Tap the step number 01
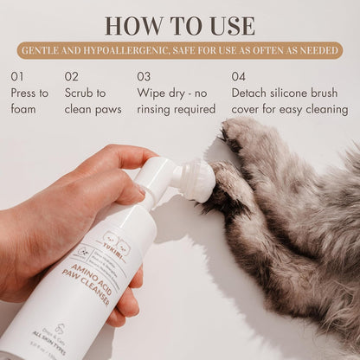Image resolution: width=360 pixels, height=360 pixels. [x=18, y=76]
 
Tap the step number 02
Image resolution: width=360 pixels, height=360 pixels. [x=73, y=76]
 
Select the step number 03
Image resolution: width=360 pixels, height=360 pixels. [x=145, y=76]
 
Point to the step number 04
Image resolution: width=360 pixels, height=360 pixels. [x=239, y=76]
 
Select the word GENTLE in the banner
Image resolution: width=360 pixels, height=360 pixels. [x=45, y=51]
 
